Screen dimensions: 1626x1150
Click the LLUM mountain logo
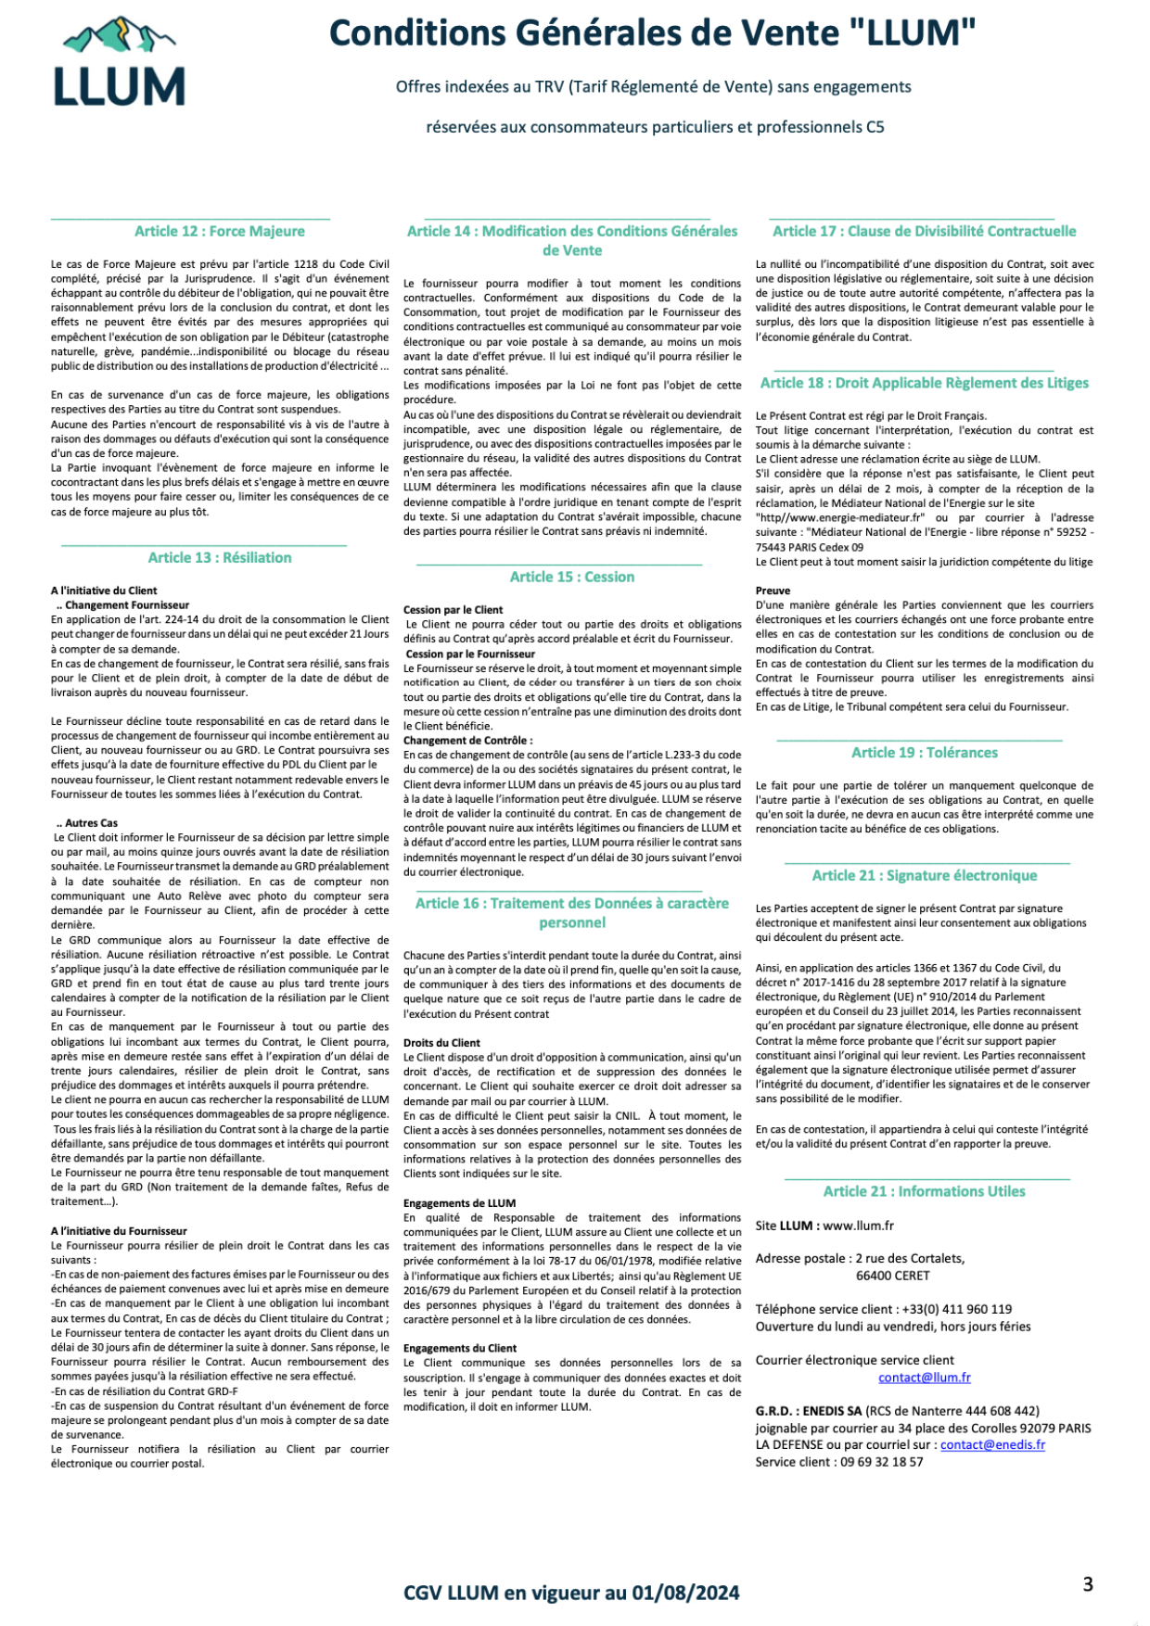pos(119,63)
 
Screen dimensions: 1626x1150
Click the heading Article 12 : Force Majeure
pos(219,231)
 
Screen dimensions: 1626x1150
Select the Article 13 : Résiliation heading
pos(220,557)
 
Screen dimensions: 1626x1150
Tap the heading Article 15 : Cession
pos(572,577)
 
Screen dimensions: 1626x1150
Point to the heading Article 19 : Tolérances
pos(925,753)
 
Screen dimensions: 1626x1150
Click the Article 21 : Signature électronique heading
pos(925,875)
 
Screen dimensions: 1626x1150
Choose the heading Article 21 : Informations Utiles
pos(925,1191)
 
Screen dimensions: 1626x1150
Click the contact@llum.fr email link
pos(925,1378)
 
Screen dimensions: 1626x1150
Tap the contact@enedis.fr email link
pos(992,1444)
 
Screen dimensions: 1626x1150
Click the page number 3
pos(1088,1584)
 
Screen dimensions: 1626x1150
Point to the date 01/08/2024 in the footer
pos(686,1593)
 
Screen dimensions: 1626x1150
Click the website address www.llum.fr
pos(858,1226)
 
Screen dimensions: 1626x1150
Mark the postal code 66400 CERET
pos(892,1276)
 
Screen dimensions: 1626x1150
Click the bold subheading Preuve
pos(773,591)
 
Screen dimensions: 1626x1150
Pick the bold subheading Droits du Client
pos(441,1043)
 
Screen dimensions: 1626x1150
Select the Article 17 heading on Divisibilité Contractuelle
pos(925,231)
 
